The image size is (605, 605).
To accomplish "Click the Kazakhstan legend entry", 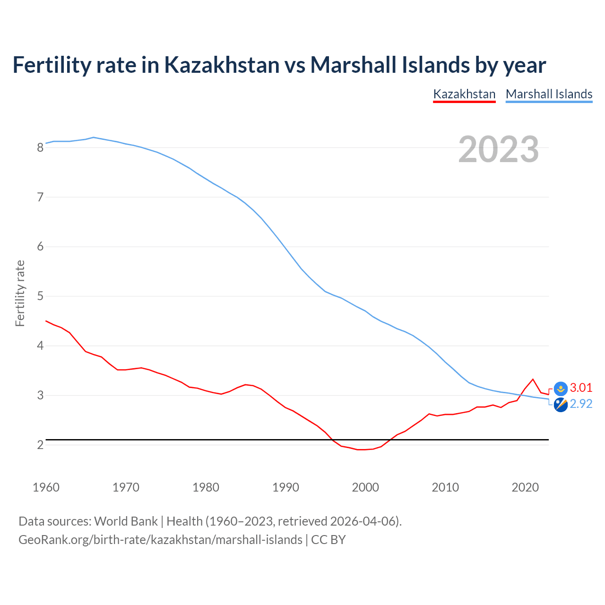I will coord(464,94).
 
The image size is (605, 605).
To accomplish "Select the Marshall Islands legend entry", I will coord(549,94).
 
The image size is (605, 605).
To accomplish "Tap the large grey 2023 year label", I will coord(499,149).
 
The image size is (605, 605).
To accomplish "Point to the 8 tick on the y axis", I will coord(40,147).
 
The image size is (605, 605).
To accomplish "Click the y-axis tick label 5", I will coord(40,296).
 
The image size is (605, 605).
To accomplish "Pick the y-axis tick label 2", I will coord(40,445).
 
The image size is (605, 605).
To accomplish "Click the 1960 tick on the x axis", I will coord(46,487).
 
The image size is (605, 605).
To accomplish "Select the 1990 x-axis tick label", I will coord(285,487).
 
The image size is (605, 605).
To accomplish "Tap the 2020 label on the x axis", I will coord(525,487).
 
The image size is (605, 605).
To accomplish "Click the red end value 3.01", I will coord(581,388).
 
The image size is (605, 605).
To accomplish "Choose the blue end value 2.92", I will coord(581,404).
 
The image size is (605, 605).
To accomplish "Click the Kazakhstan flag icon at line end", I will coord(561,389).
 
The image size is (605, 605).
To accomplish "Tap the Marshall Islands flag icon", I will coord(561,405).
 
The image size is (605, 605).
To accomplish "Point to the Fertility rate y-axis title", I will coord(20,293).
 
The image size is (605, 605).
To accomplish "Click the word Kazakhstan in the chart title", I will coord(222,65).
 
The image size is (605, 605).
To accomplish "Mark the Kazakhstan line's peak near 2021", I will coord(533,379).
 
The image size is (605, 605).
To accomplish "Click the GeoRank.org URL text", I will coord(160,540).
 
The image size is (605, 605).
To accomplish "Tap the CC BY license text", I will coord(328,540).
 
